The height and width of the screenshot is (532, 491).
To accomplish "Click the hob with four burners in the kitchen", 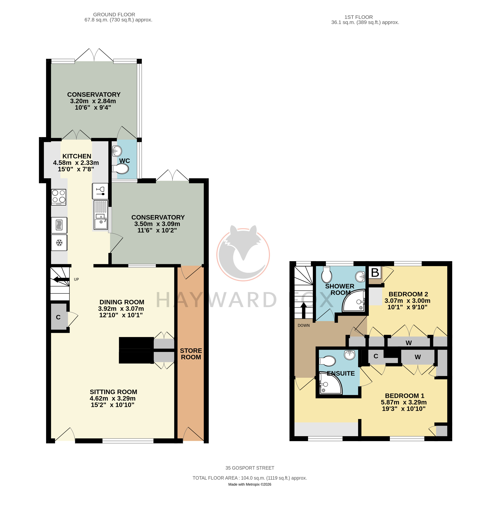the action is [x=59, y=197].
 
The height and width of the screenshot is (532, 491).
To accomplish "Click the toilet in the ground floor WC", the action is [x=120, y=169].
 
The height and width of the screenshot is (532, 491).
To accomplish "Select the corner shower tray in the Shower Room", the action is [x=354, y=301].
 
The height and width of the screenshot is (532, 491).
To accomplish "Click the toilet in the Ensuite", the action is [x=327, y=361].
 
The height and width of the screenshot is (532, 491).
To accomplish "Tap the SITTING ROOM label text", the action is [x=113, y=392].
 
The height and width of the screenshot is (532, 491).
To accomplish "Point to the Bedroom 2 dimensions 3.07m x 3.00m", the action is [x=407, y=301].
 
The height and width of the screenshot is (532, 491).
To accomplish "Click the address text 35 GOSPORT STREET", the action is [x=250, y=468].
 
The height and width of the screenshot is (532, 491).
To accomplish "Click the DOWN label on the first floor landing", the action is [x=304, y=325].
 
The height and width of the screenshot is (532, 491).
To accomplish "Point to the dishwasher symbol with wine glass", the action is [x=100, y=191].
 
